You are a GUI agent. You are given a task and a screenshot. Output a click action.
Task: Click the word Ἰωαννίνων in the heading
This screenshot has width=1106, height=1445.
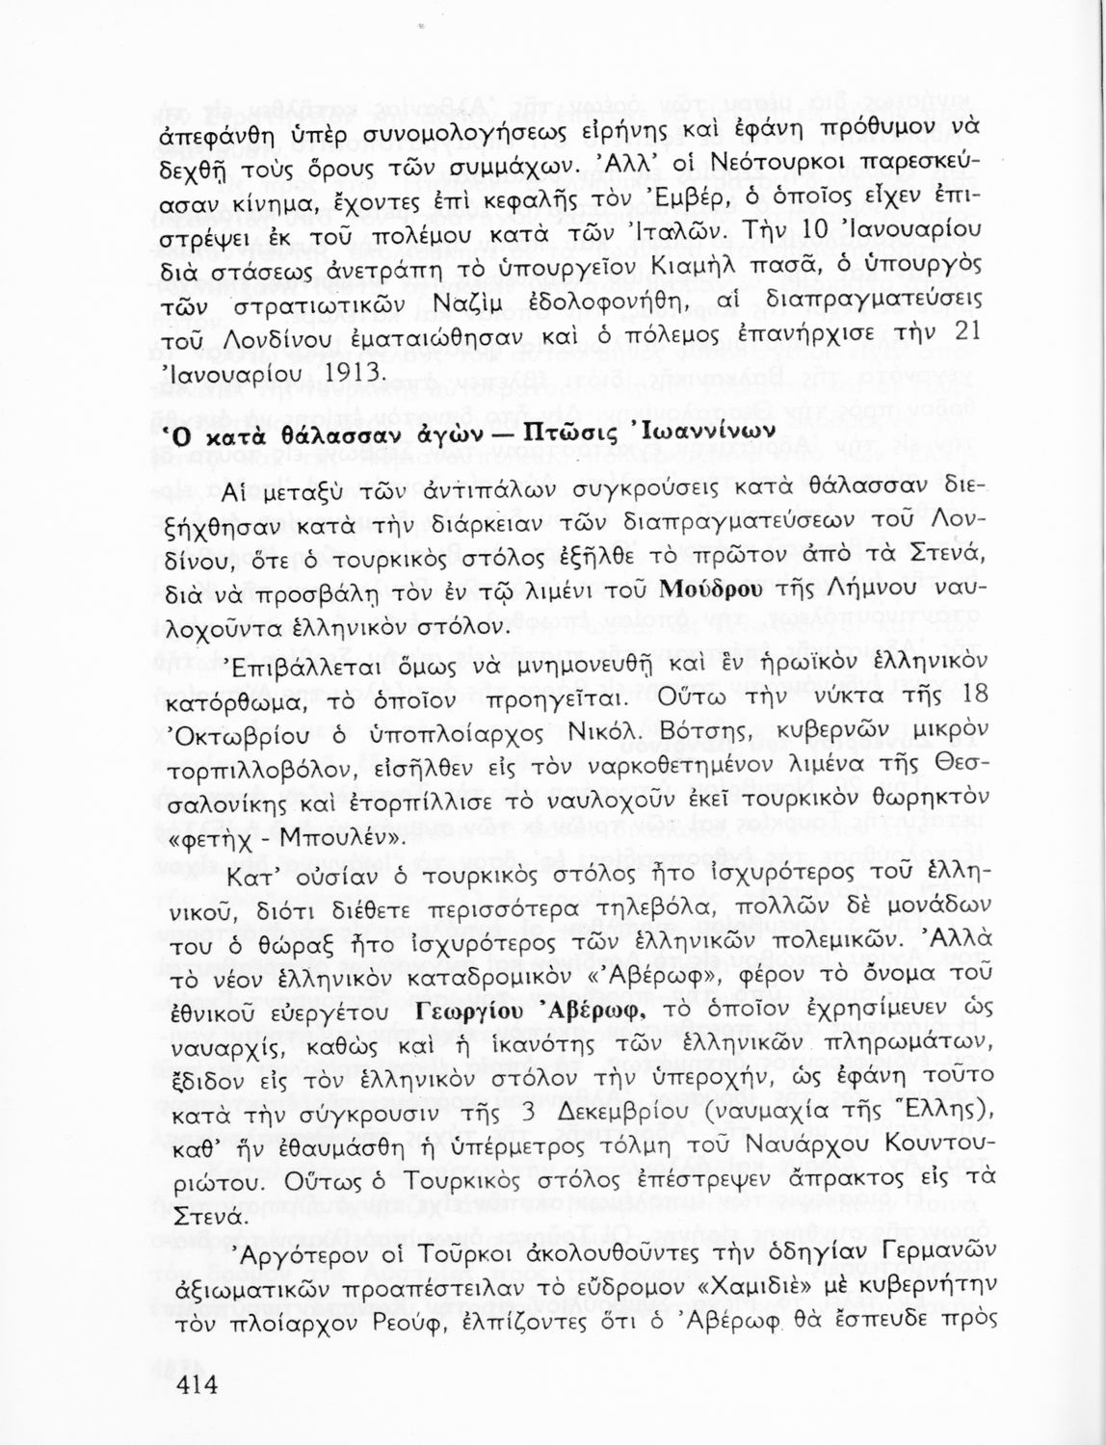702,432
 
